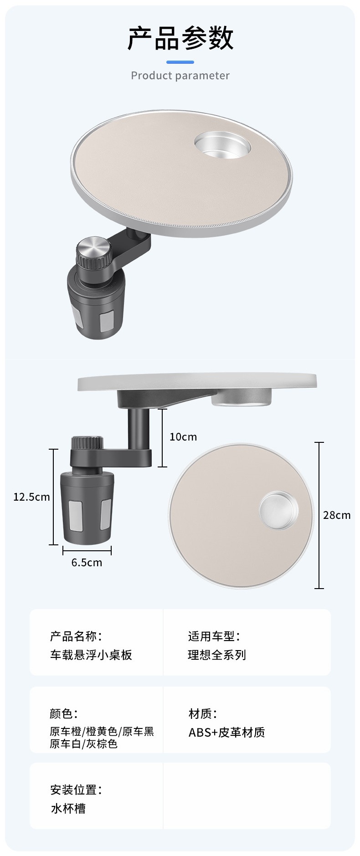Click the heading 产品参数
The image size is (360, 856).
180,38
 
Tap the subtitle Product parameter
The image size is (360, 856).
180,76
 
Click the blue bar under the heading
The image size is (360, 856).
180,62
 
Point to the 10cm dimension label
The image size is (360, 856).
183,437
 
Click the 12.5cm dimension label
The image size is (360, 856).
31,497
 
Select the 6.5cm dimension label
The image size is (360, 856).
87,563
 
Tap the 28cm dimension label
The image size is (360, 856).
337,515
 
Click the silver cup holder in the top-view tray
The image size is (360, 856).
279,510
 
